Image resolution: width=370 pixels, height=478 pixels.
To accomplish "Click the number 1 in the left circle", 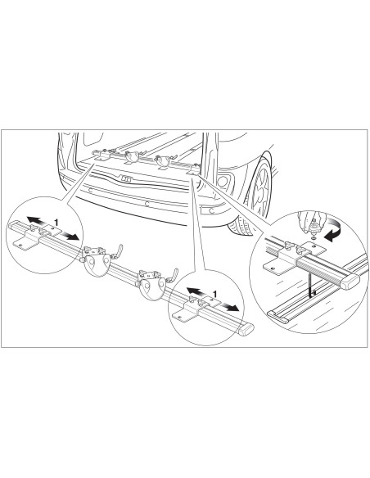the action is pos(56,223).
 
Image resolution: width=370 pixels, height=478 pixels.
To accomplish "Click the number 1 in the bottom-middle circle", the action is pos(214,294).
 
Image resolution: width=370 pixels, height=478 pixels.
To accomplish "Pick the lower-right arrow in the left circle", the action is pos(70,236).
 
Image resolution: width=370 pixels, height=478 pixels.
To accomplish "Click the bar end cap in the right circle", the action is pos(350,281).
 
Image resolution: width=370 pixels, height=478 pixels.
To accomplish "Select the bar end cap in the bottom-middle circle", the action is pos(246,329).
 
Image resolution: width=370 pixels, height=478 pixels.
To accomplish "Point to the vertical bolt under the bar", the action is pos(310,286).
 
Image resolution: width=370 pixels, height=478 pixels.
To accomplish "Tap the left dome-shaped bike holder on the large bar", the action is pos(96,263).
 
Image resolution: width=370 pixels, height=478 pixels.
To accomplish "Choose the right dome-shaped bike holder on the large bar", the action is pos(151,286).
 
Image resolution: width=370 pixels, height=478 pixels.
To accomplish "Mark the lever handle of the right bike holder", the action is pos(173,275).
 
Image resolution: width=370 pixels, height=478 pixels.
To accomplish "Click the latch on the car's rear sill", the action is pos(126,178).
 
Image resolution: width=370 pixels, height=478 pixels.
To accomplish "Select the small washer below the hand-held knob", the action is pos(314,237).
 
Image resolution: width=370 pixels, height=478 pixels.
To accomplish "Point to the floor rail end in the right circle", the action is pos(278,317).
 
